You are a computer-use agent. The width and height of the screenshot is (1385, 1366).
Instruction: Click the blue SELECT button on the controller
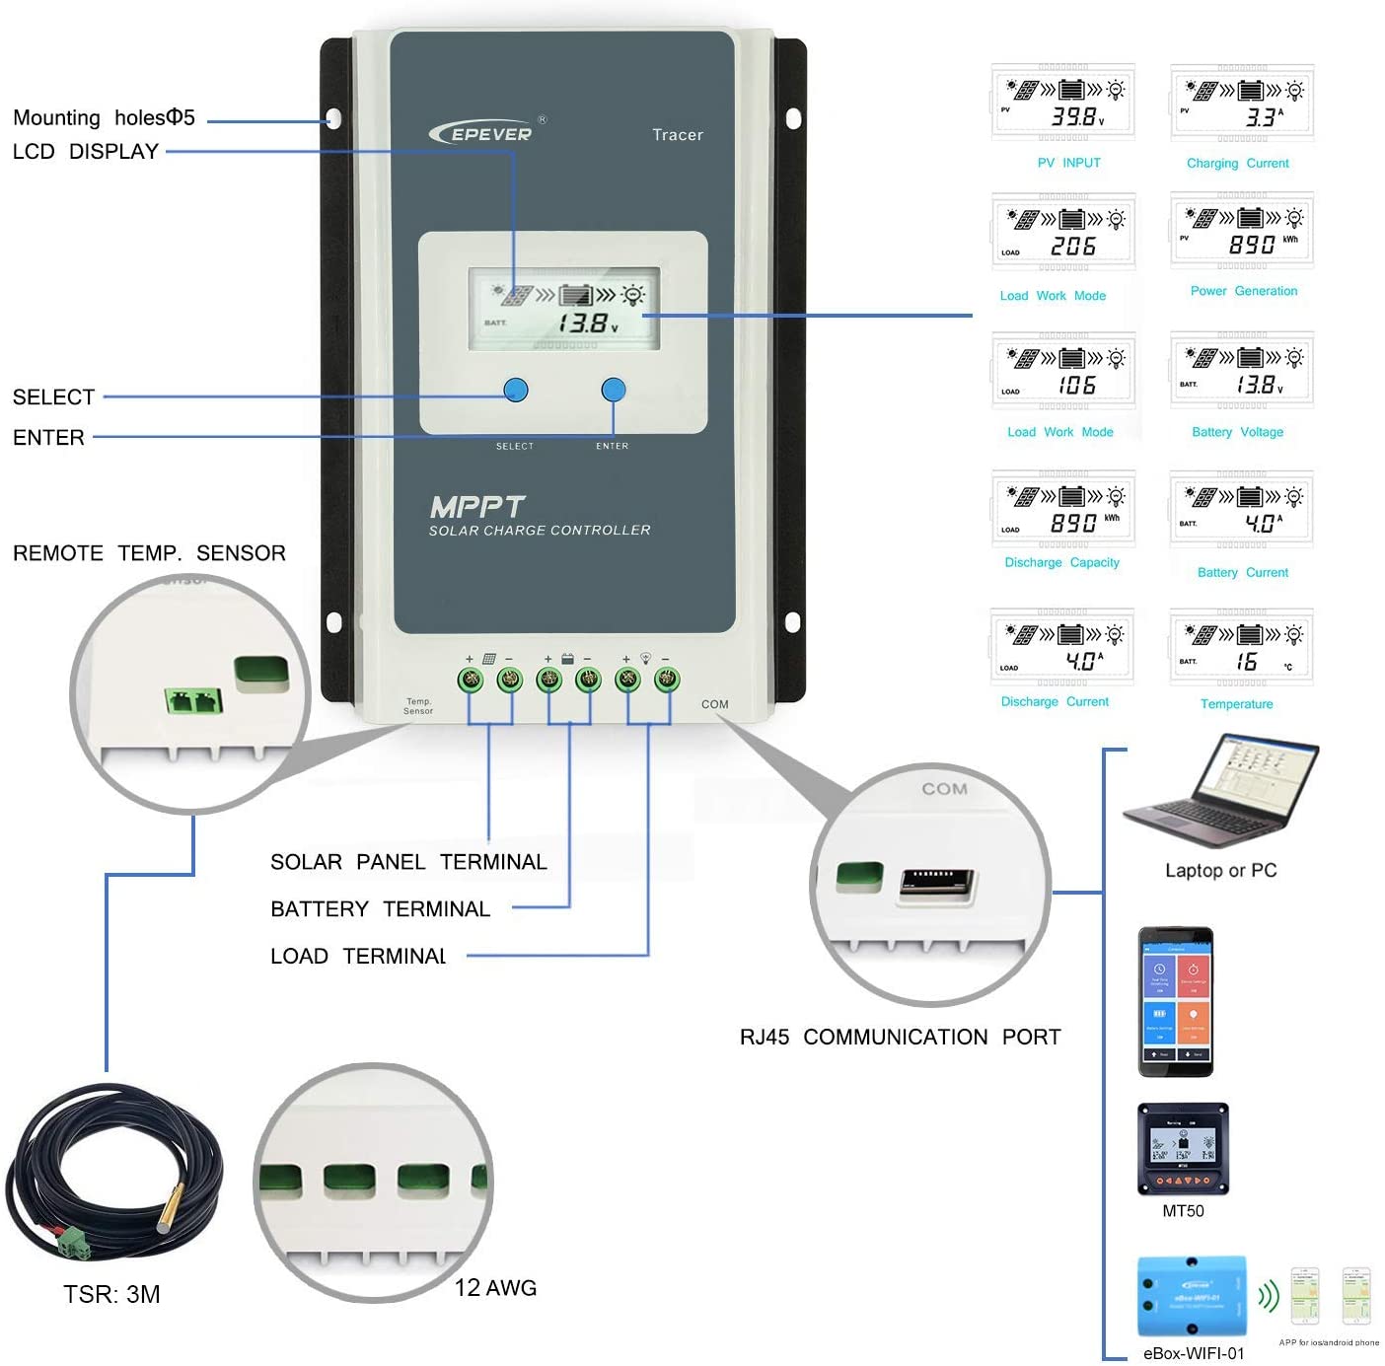[x=515, y=391]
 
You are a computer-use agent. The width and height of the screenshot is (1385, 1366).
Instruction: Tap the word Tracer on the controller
[x=678, y=135]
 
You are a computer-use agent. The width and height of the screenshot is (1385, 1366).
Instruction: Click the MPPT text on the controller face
[x=477, y=507]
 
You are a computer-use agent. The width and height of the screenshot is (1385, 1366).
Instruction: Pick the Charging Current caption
[x=1237, y=164]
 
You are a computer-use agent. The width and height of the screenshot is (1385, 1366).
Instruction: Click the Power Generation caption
[x=1243, y=291]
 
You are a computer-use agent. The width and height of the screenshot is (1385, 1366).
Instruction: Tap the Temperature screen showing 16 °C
[x=1241, y=648]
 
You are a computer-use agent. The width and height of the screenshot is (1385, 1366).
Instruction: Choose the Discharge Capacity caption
[x=1061, y=562]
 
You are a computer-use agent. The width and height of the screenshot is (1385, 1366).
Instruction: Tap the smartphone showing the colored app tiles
[x=1175, y=1001]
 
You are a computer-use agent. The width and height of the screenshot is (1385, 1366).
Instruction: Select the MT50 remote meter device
[x=1183, y=1148]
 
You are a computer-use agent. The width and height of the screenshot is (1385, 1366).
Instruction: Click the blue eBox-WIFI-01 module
[x=1192, y=1296]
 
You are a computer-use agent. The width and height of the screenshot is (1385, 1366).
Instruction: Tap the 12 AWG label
[x=495, y=1288]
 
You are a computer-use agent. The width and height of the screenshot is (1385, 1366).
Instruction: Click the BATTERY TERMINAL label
[x=380, y=909]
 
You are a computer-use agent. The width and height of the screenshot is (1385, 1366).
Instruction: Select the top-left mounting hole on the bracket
[x=333, y=119]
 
